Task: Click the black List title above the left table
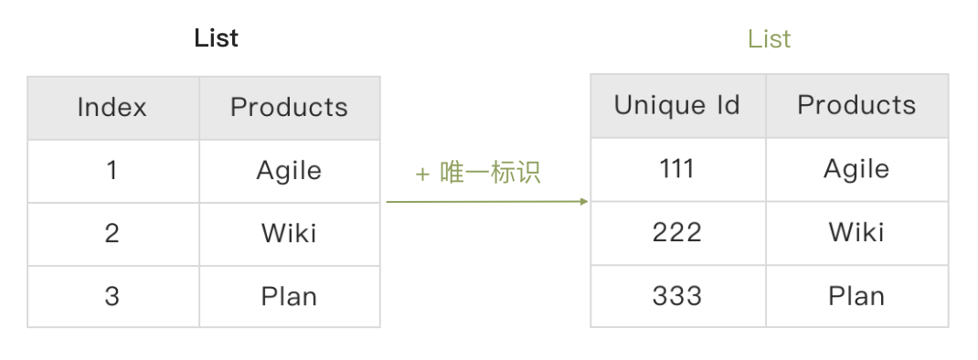(x=216, y=38)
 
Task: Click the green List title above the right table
(x=769, y=39)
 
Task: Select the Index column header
(x=112, y=107)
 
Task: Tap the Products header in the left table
(x=289, y=107)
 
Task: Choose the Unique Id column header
(x=676, y=105)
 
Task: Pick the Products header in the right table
(x=856, y=105)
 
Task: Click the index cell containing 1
(x=112, y=170)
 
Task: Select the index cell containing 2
(x=112, y=233)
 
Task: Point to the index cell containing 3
(x=112, y=296)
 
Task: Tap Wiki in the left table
(x=289, y=233)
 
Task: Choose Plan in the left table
(x=289, y=296)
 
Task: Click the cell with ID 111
(x=676, y=168)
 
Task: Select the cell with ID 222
(x=676, y=233)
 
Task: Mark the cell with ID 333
(x=676, y=295)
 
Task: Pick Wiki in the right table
(x=856, y=232)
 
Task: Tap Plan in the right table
(x=856, y=295)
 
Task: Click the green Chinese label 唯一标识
(x=490, y=173)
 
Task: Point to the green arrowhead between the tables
(x=584, y=202)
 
